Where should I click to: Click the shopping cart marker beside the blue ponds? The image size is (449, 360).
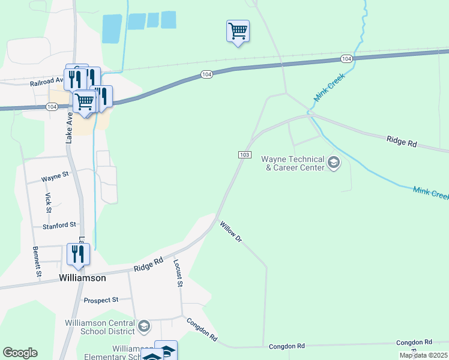click(238, 31)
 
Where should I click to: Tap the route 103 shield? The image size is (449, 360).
click(244, 155)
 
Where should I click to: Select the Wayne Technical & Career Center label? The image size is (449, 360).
click(292, 163)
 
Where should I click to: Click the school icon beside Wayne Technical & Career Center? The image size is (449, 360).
click(333, 162)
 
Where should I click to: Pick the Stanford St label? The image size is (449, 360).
click(59, 226)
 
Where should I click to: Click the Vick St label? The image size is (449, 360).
click(48, 202)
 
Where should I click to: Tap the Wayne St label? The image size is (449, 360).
click(55, 178)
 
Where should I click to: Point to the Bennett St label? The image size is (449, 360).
click(37, 262)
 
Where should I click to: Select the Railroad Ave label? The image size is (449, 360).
click(47, 81)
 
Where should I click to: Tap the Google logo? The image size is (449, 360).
click(20, 353)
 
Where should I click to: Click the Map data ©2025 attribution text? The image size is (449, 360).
click(423, 355)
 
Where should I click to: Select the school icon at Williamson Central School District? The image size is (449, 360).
click(143, 326)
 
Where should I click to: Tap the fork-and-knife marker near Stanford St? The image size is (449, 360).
click(78, 253)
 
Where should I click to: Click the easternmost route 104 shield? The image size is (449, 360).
click(346, 58)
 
